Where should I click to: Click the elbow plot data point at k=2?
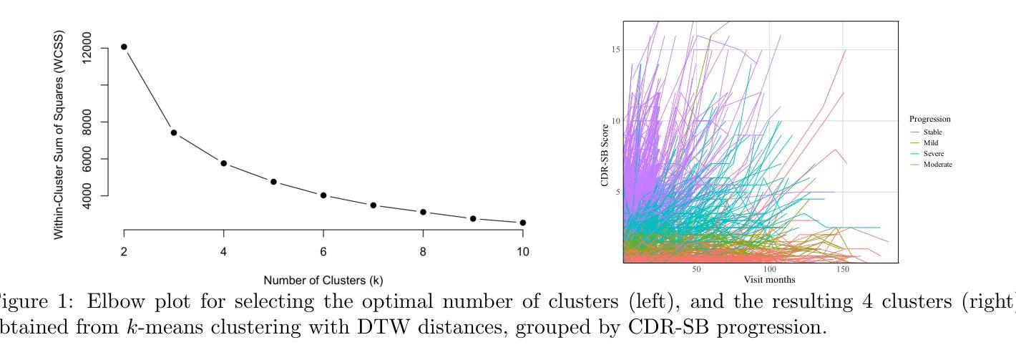(x=124, y=47)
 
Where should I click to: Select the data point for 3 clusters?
(x=174, y=132)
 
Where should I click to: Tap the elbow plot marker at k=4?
(x=223, y=163)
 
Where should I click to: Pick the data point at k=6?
(x=323, y=195)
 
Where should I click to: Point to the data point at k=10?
(x=523, y=223)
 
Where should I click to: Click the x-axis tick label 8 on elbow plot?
(x=423, y=251)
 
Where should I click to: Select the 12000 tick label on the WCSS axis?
(x=87, y=48)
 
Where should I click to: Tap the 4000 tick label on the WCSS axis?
(x=87, y=195)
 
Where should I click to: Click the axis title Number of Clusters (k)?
(x=323, y=280)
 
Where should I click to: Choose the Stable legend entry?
(x=932, y=132)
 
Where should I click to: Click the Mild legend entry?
(x=931, y=143)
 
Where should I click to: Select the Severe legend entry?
(x=934, y=154)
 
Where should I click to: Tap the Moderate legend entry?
(x=937, y=165)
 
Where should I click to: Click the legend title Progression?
(x=929, y=119)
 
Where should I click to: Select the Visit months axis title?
(x=769, y=279)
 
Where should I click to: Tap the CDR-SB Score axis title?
(x=605, y=155)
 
